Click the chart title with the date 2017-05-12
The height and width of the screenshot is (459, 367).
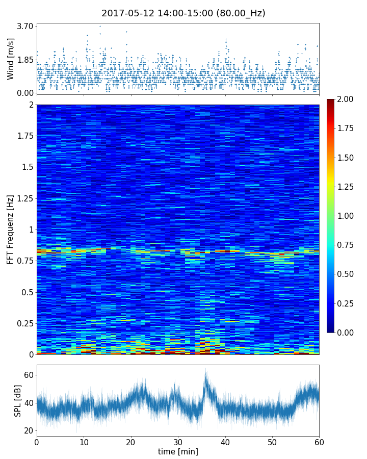pos(183,13)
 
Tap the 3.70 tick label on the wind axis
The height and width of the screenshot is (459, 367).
pos(24,26)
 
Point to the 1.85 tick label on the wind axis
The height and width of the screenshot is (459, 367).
pos(24,60)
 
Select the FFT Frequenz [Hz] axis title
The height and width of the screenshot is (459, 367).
pos(11,229)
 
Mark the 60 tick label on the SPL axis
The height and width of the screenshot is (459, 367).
pos(28,375)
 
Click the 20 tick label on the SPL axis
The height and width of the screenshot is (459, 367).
pos(28,430)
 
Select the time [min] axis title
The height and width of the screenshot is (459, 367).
pos(178,451)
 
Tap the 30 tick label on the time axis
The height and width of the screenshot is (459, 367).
pos(178,441)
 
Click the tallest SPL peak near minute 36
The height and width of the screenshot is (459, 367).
pos(205,369)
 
